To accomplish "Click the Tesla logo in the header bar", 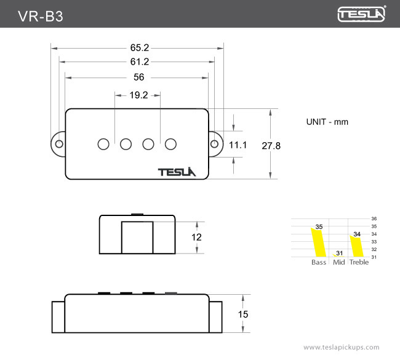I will pos(362,14).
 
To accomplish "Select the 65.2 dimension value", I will pos(140,47).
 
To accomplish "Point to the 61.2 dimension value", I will pos(140,62).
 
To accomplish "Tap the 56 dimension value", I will pos(138,78).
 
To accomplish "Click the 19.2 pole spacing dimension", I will pos(138,95).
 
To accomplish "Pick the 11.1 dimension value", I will pos(238,145).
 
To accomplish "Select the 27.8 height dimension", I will pos(271,146).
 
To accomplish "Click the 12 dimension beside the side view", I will pos(196,237).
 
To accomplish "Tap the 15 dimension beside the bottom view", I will pos(243,314).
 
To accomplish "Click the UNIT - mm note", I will pos(327,122).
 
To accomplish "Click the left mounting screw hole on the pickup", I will pos(59,143).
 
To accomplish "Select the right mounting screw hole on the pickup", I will pos(214,143).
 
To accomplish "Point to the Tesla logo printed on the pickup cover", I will pos(177,172).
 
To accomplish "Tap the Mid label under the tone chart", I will pos(338,263).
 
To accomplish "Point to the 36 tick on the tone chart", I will pos(374,219).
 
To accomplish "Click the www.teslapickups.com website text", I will pos(342,347).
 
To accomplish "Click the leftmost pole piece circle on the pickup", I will pos(103,144).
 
